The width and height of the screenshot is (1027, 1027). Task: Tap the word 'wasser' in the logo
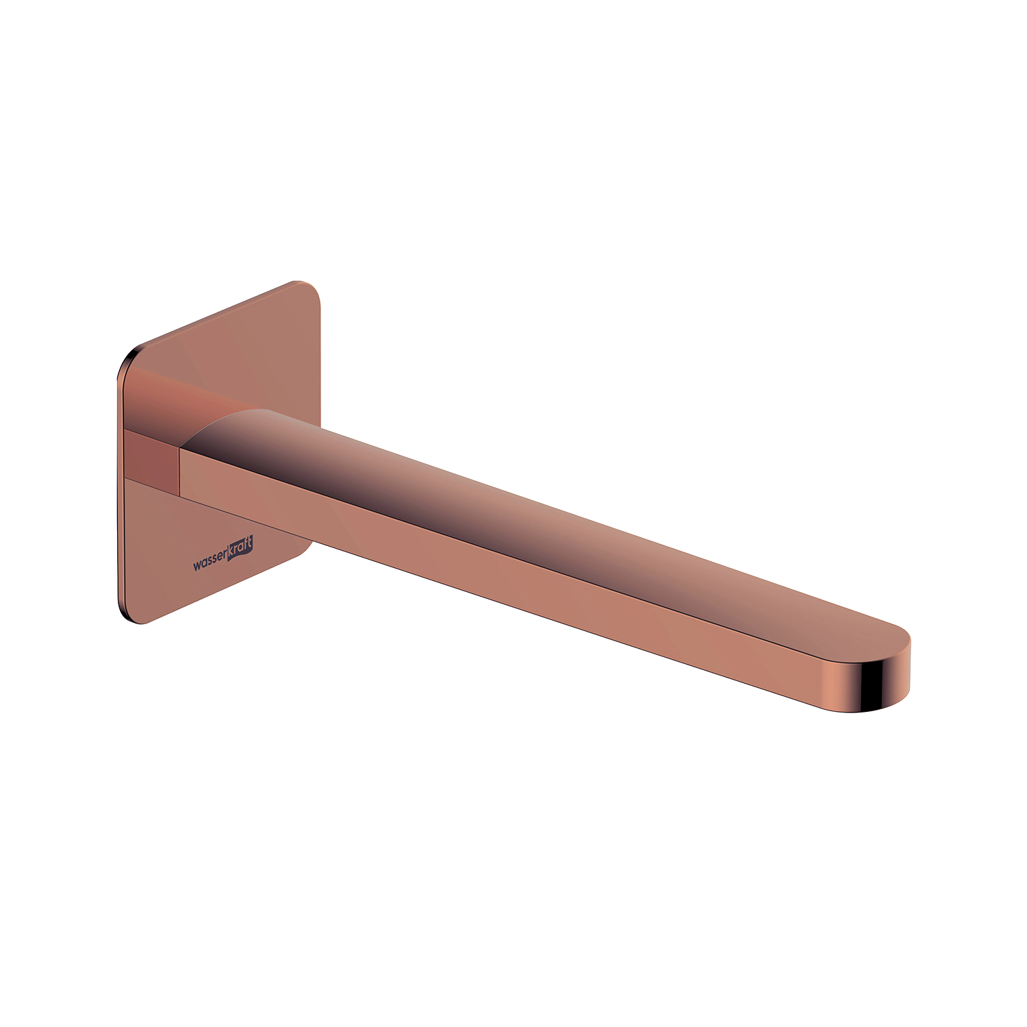[210, 561]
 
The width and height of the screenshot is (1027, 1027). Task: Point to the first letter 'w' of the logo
[196, 566]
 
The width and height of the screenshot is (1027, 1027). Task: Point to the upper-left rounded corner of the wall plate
[128, 360]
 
